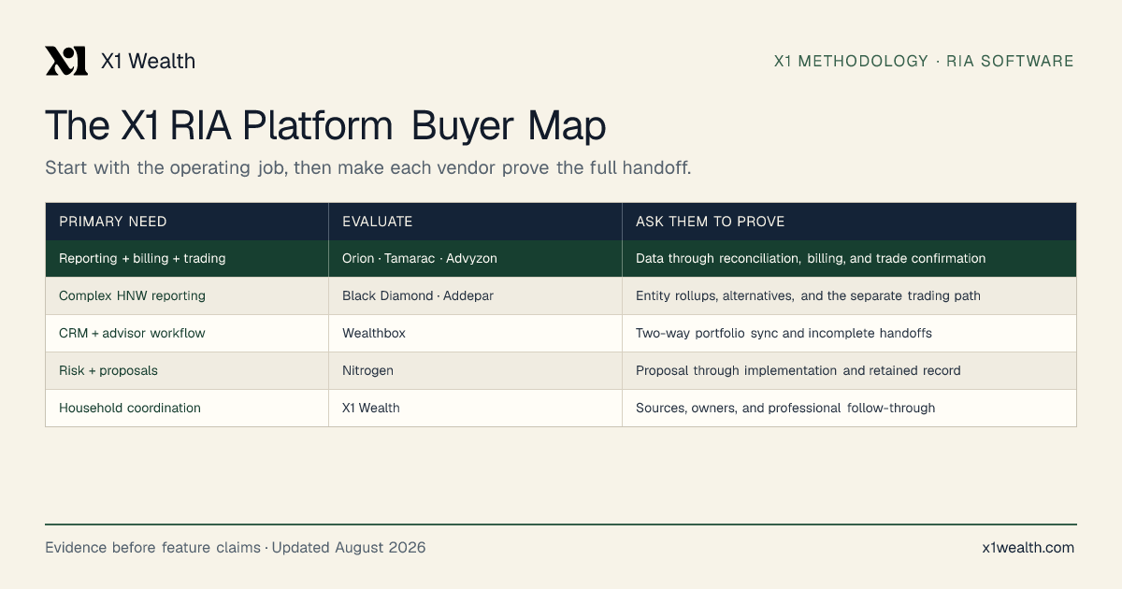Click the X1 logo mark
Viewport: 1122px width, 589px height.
coord(66,61)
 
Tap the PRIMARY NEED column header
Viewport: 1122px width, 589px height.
coord(113,222)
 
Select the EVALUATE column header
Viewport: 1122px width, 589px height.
coord(377,222)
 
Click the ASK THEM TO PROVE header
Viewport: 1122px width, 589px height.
coord(710,222)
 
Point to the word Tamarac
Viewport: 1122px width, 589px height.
coord(410,258)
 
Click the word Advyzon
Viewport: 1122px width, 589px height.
coord(471,258)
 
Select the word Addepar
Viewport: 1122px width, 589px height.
coord(468,296)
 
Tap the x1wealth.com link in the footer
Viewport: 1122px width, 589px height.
coord(1028,548)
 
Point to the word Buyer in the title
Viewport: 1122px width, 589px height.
coord(462,125)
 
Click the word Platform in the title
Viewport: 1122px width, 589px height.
coord(318,125)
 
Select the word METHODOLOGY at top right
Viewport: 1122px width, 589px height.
coord(863,61)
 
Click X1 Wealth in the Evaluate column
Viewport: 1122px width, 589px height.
coord(370,408)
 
